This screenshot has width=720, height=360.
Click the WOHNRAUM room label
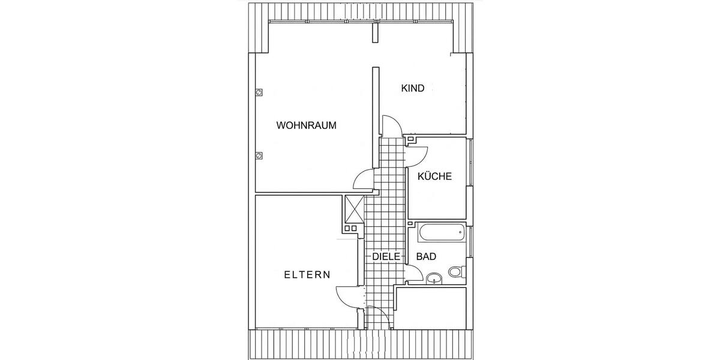click(307, 125)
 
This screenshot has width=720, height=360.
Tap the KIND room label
click(413, 88)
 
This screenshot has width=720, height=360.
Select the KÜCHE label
click(434, 176)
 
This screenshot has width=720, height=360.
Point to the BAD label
click(426, 257)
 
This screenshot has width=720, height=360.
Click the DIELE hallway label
click(386, 257)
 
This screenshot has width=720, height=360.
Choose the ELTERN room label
click(307, 275)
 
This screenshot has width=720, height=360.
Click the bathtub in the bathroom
click(442, 233)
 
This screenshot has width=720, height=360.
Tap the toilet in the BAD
click(457, 272)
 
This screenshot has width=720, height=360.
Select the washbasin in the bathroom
click(434, 278)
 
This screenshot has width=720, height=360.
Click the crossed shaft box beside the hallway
click(354, 209)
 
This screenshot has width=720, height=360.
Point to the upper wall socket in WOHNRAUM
click(259, 92)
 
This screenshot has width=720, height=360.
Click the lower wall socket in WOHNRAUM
click(259, 155)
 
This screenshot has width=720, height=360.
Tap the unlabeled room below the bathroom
click(430, 308)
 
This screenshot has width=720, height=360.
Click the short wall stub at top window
click(376, 31)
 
